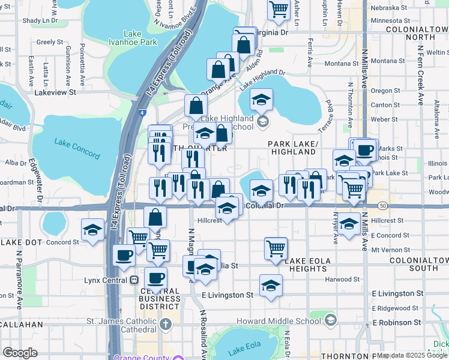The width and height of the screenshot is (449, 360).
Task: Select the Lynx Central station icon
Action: pos(134,280)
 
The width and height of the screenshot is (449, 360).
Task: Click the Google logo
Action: pos(20,353)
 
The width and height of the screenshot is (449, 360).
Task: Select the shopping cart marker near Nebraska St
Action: pos(279,9)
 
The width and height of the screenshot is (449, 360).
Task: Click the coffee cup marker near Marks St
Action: pos(364,149)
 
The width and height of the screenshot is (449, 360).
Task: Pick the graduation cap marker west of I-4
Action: pos(93,229)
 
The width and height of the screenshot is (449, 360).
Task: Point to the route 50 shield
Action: pos(382,206)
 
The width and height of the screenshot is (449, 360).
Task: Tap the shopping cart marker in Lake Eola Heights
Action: pos(276,247)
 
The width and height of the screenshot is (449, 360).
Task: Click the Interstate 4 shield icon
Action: pos(141,112)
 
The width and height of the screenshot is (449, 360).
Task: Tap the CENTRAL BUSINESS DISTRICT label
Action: pos(160,295)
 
